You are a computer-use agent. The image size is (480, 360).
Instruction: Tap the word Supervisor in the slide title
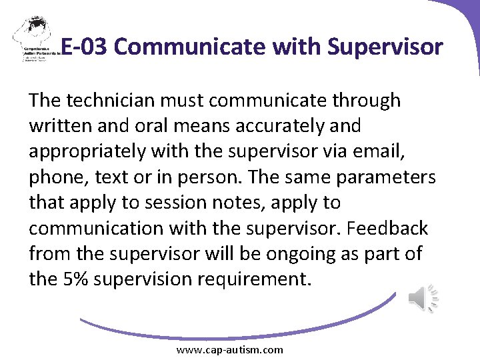pos(385,47)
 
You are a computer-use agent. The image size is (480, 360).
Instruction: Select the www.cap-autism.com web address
pos(229,350)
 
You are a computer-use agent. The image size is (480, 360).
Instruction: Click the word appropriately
pos(87,151)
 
